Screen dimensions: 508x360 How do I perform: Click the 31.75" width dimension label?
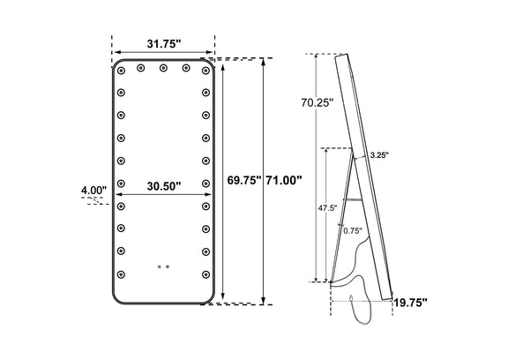pyautogui.click(x=163, y=44)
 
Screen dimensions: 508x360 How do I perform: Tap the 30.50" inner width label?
pyautogui.click(x=163, y=186)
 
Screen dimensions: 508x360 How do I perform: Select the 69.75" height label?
pyautogui.click(x=244, y=180)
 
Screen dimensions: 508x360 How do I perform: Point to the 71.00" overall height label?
pyautogui.click(x=284, y=180)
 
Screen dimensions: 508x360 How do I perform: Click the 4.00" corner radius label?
pyautogui.click(x=93, y=191)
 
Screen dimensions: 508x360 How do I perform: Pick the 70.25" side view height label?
pyautogui.click(x=317, y=102)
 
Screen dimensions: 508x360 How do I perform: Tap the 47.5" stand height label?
pyautogui.click(x=327, y=208)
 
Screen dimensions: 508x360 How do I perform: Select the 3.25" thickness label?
pyautogui.click(x=379, y=155)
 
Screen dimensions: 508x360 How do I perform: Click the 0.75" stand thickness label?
pyautogui.click(x=353, y=230)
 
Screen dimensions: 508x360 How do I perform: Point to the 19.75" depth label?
pyautogui.click(x=410, y=303)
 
